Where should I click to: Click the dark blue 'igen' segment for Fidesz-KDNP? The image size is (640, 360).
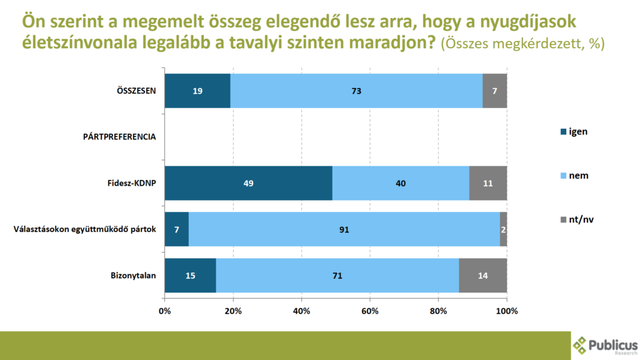(248, 183)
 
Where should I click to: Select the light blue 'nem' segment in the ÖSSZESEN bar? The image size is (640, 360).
(356, 91)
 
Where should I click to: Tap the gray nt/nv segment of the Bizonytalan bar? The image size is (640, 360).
(482, 276)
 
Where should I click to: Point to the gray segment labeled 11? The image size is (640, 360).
(487, 183)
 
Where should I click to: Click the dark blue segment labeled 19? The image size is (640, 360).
(197, 91)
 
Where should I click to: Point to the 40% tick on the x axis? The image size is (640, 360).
(301, 310)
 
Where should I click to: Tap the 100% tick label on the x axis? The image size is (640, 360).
(506, 310)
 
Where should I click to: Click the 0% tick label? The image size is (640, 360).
(165, 310)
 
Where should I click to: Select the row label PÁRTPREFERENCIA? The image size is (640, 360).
(119, 137)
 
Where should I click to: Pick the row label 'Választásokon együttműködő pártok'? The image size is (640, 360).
(84, 229)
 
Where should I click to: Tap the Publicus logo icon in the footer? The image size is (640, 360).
(580, 343)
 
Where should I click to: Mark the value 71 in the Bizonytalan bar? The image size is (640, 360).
(337, 276)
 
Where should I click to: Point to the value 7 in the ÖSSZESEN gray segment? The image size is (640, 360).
(494, 91)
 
